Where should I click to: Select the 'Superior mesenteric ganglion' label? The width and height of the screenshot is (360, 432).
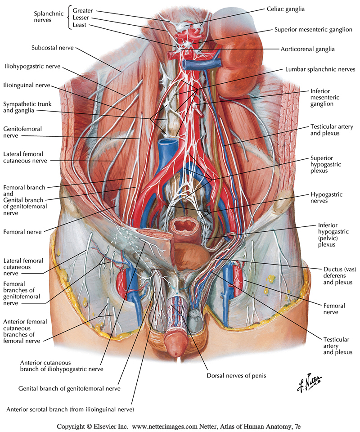point(313,30)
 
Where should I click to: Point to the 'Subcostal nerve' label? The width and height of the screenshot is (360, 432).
point(53,47)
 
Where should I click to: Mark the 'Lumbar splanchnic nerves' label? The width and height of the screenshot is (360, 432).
point(320,70)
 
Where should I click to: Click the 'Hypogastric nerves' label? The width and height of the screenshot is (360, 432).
point(326,198)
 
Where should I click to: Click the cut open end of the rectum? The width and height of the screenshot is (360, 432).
point(184,225)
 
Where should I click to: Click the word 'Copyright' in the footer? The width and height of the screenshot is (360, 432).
point(72,426)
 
